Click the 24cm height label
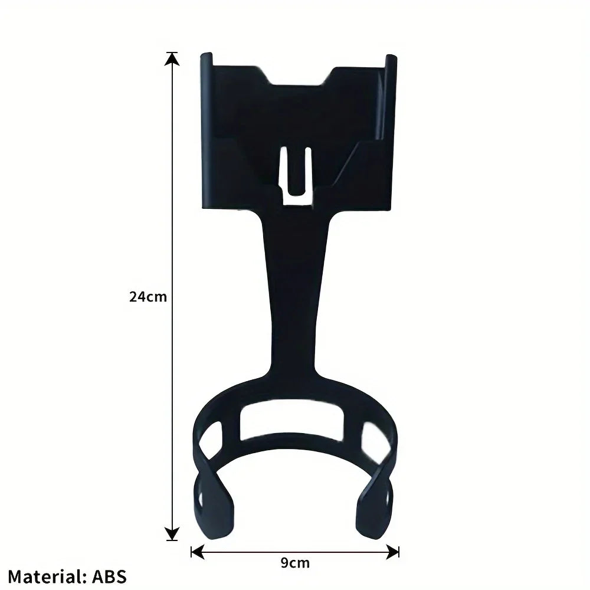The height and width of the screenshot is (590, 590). tap(148, 297)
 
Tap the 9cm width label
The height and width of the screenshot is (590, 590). tap(296, 563)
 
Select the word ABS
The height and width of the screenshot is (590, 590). tap(110, 576)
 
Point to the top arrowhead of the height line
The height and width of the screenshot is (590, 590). tap(172, 58)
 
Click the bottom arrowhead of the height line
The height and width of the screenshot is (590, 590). tap(172, 534)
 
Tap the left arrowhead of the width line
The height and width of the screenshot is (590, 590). tap(197, 552)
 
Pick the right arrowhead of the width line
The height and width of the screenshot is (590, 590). tap(392, 552)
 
